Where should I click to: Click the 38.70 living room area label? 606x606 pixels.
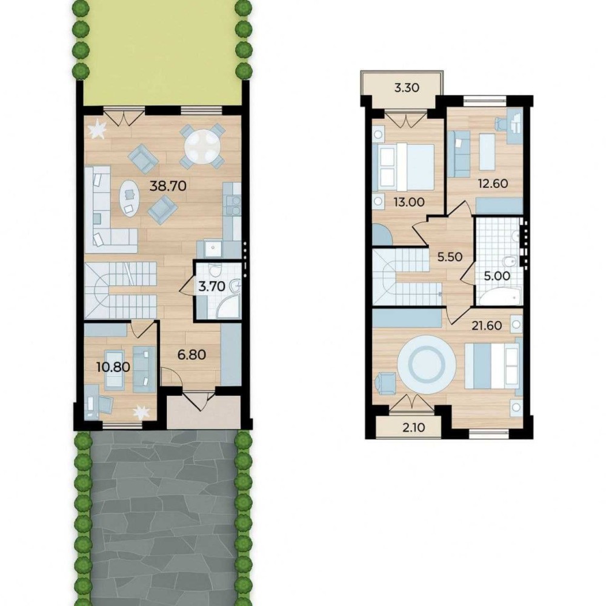coord(168,186)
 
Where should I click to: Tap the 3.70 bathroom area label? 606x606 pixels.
coord(211,287)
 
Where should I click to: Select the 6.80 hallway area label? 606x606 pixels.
coord(191,354)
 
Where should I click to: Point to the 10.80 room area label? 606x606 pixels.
coord(113,367)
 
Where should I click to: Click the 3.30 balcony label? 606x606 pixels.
coord(407,88)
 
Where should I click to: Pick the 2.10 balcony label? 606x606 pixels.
coord(413,427)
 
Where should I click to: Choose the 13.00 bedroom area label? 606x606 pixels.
coord(409,202)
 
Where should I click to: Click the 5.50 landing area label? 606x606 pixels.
coord(450,257)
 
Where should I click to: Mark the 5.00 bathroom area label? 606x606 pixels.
coord(497,276)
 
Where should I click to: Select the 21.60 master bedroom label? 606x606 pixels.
coord(487,325)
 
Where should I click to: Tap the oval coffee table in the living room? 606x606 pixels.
coord(128,198)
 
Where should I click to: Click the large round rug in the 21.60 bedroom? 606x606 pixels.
coord(427,364)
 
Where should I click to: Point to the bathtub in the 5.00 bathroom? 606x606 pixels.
coord(499,298)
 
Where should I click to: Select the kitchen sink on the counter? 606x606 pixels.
coord(211,248)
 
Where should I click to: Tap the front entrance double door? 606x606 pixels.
coord(199,401)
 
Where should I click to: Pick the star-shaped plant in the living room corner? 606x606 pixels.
coord(97,129)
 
